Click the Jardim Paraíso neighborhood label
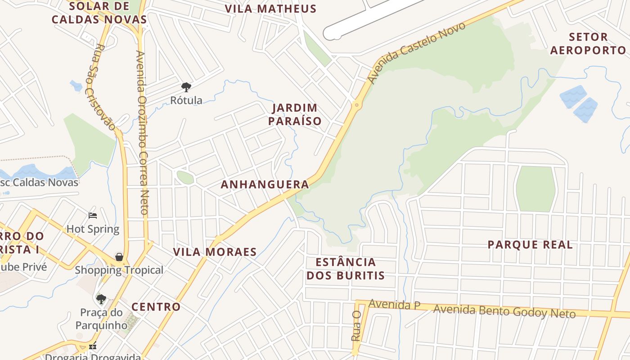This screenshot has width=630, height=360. [x=295, y=114]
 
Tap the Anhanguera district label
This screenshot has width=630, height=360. [x=265, y=184]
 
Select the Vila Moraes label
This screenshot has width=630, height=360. [x=215, y=252]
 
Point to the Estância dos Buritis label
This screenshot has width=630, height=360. [x=346, y=269]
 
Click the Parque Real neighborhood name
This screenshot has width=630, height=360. [x=530, y=245]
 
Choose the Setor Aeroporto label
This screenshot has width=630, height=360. [x=588, y=43]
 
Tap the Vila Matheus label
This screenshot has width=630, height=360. [x=270, y=9]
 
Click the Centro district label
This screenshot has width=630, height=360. [x=156, y=307]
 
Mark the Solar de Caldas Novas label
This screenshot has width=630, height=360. [x=99, y=13]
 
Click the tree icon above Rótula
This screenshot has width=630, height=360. [x=186, y=87]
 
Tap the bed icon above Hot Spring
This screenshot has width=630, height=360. [x=93, y=216]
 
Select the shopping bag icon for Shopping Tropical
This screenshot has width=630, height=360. [x=119, y=257]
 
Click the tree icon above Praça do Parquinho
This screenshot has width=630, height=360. [x=101, y=299]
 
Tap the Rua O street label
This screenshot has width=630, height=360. [x=356, y=325]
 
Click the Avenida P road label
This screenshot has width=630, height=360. [x=394, y=305]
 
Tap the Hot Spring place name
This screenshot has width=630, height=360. [x=93, y=229]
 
